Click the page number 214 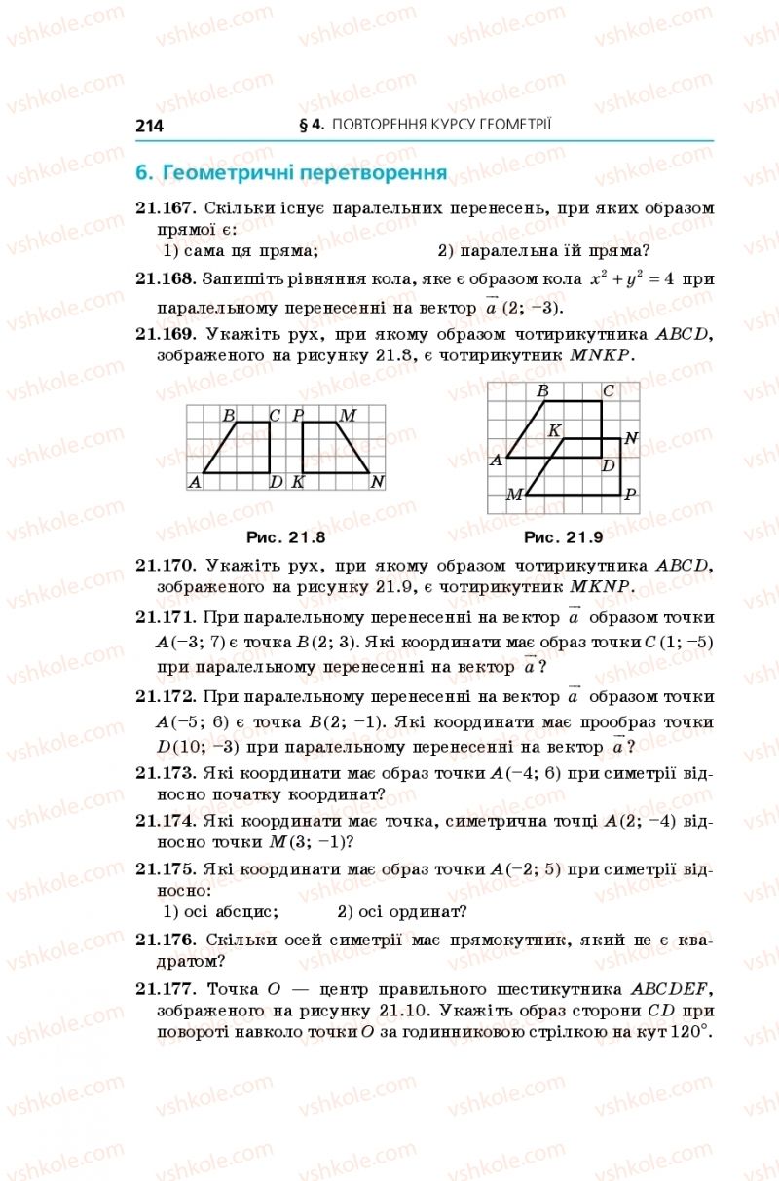pyautogui.click(x=150, y=126)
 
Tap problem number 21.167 pyautogui.click(x=167, y=208)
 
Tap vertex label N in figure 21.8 pyautogui.click(x=377, y=482)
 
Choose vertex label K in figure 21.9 pyautogui.click(x=553, y=430)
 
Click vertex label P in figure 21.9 pyautogui.click(x=630, y=495)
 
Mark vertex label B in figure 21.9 pyautogui.click(x=543, y=391)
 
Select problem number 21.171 pyautogui.click(x=167, y=617)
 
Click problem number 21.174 pyautogui.click(x=167, y=821)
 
